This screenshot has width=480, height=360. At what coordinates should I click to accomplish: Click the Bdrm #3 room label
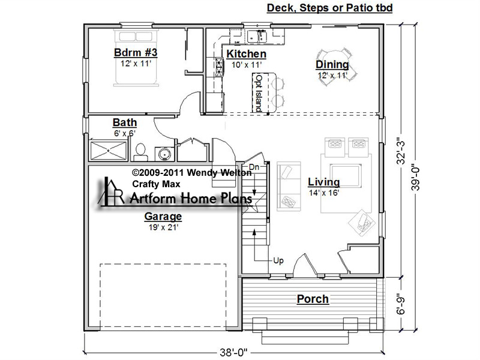[136, 53]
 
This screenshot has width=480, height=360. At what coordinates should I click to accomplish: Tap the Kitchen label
[247, 54]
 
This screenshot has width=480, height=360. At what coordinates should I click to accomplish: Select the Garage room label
[163, 217]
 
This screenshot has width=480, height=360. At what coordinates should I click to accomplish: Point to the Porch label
[313, 299]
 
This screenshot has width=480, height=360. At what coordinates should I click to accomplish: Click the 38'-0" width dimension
[233, 353]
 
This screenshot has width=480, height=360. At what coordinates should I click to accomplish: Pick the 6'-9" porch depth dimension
[401, 305]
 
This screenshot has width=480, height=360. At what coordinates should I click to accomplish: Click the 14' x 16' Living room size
[324, 193]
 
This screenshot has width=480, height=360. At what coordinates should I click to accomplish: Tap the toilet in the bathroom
[140, 152]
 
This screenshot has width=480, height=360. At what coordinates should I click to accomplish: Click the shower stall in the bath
[109, 151]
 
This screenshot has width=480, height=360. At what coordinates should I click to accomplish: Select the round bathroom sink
[164, 154]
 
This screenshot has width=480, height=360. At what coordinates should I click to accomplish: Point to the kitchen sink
[257, 36]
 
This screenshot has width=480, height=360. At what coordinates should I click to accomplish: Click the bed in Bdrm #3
[136, 58]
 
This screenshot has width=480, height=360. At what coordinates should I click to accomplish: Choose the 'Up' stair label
[278, 261]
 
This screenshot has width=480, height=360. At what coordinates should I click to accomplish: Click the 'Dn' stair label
[254, 167]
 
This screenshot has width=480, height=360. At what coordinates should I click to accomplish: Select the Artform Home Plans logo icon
[111, 191]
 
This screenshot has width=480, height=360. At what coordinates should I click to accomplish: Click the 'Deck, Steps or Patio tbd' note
[329, 8]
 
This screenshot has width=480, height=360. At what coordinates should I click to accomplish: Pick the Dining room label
[332, 65]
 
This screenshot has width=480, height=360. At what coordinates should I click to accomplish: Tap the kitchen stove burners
[219, 67]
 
